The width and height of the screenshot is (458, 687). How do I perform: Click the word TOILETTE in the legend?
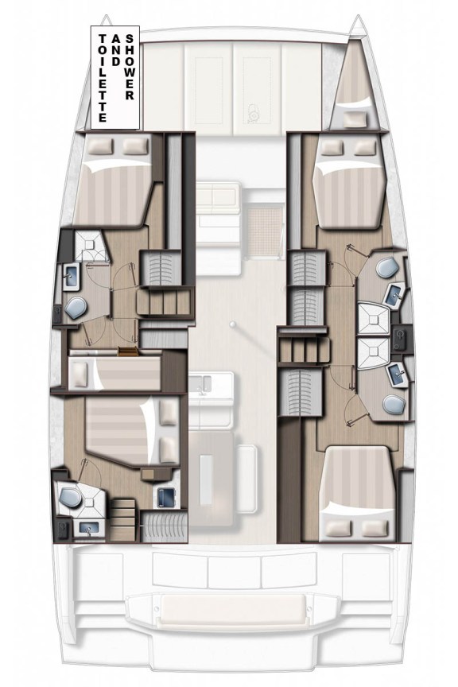pos(102,78)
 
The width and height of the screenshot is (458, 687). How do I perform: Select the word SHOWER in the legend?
pos(131,67)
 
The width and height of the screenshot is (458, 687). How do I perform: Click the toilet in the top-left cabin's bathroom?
pos(77,306)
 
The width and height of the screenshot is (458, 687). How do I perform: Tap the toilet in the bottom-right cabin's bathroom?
pos(394,404)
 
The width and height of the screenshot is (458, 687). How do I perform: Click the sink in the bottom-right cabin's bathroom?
pos(395,371)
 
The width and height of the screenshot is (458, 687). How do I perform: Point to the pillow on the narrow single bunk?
pos(81,371)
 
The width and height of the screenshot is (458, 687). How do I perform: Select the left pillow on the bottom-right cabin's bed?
pos(337,526)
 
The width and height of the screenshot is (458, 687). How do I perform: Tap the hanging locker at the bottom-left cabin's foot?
pos(163,526)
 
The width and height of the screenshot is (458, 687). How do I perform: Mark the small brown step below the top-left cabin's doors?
pos(128,351)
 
